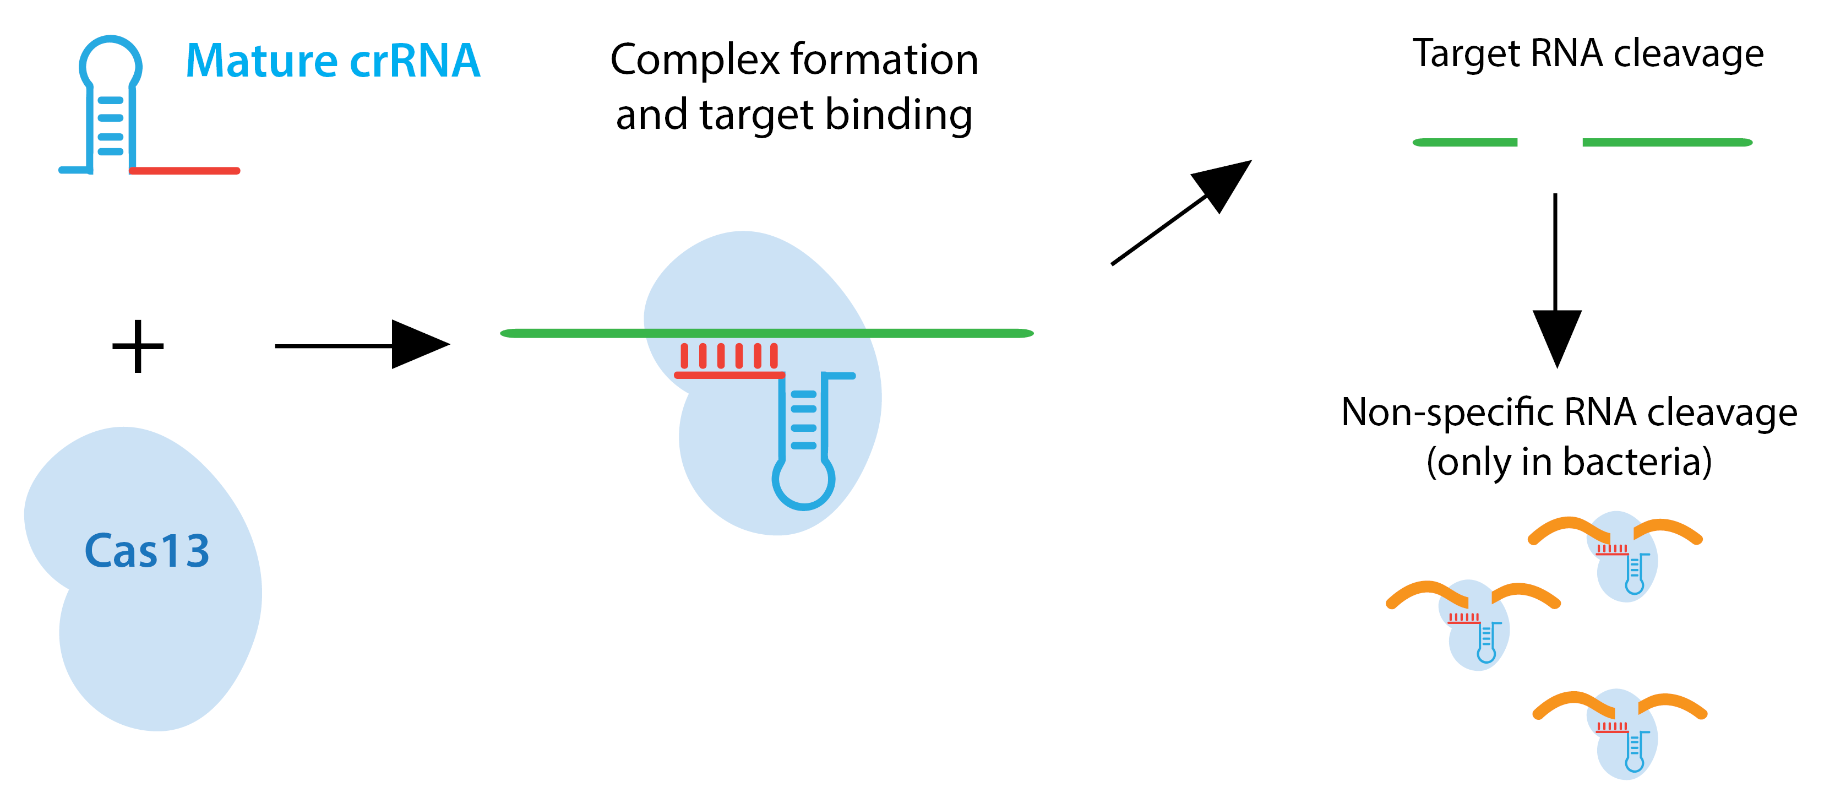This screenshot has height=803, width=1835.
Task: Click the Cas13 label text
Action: (x=147, y=551)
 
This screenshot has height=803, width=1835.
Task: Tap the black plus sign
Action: (x=138, y=346)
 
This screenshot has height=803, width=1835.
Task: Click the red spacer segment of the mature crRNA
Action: (x=185, y=171)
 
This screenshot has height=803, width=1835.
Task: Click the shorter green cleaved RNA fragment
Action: (x=1464, y=143)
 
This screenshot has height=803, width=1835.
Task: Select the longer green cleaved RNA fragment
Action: (x=1667, y=143)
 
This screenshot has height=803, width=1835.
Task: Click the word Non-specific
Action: (x=1447, y=413)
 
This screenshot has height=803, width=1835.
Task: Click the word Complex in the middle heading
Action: (x=695, y=60)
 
